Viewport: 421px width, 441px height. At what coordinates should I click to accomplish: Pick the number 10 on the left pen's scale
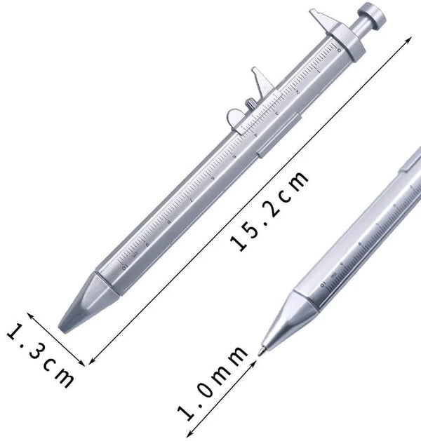click(125, 266)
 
